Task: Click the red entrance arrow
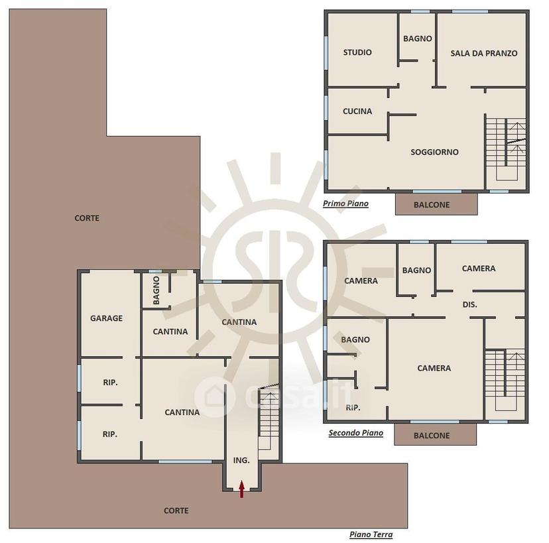tap(241, 489)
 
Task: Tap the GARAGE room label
tap(107, 318)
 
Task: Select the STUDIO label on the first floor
tap(357, 52)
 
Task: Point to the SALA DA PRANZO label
tap(484, 53)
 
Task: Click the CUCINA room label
tap(357, 111)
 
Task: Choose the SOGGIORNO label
tap(434, 152)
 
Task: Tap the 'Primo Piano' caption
tap(345, 204)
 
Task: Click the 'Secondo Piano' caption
tap(356, 433)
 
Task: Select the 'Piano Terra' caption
tap(371, 534)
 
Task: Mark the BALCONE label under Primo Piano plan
tap(432, 205)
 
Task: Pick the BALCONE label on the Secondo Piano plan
tap(432, 436)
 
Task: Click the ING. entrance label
tap(241, 460)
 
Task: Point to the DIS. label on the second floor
tap(470, 304)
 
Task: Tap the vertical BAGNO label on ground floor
tap(156, 290)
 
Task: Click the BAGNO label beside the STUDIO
tap(417, 38)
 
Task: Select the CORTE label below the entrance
tap(176, 511)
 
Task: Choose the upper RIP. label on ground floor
tap(110, 383)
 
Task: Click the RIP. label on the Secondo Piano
tap(353, 408)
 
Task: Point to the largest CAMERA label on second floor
tap(434, 368)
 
